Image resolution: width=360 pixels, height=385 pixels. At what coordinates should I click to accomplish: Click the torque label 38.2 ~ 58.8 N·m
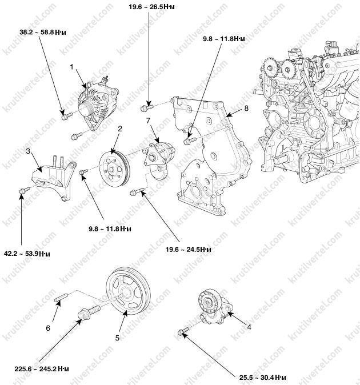click(x=43, y=32)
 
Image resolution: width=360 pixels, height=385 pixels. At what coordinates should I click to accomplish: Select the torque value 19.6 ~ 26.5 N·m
click(x=152, y=7)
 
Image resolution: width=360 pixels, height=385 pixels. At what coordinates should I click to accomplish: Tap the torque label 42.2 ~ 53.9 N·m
click(x=27, y=254)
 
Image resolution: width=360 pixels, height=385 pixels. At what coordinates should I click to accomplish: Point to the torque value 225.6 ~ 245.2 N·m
click(x=42, y=369)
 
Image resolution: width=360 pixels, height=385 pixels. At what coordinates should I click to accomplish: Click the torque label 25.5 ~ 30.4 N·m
click(x=262, y=378)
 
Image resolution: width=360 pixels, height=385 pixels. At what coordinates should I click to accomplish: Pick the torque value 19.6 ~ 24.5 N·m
click(x=189, y=250)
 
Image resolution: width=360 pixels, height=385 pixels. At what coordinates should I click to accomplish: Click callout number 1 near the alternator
click(x=71, y=67)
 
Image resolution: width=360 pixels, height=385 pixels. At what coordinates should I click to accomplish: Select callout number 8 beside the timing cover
click(x=246, y=109)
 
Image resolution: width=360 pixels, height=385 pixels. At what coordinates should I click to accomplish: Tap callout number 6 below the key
click(x=48, y=328)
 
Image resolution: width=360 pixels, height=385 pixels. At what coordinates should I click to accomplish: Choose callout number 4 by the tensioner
click(x=249, y=327)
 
